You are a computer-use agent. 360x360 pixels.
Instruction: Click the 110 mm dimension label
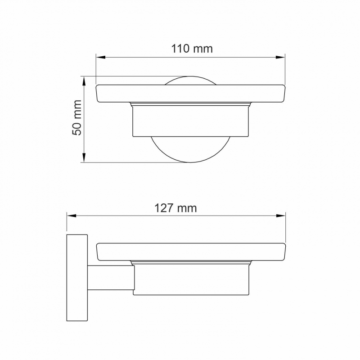192,49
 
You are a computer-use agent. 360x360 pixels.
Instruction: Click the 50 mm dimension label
76,117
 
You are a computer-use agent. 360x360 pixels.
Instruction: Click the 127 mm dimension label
175,208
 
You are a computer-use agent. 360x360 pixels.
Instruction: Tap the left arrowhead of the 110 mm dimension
100,57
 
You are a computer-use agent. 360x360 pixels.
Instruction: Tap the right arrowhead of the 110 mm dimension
280,57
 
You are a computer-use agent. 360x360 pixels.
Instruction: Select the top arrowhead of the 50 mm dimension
84,81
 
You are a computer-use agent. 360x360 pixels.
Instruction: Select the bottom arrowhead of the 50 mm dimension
84,158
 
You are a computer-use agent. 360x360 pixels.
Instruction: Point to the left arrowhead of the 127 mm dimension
72,216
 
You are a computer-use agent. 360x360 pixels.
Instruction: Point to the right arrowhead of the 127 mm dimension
281,216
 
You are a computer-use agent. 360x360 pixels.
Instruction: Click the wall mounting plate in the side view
77,278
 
